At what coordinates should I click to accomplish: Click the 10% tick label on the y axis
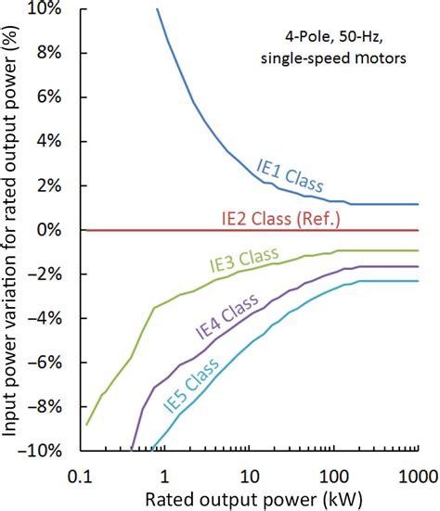(x=45, y=9)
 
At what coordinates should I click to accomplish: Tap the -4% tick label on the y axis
(x=46, y=318)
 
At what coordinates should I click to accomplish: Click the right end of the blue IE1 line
(x=419, y=204)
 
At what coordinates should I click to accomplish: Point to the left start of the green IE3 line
(x=87, y=424)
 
